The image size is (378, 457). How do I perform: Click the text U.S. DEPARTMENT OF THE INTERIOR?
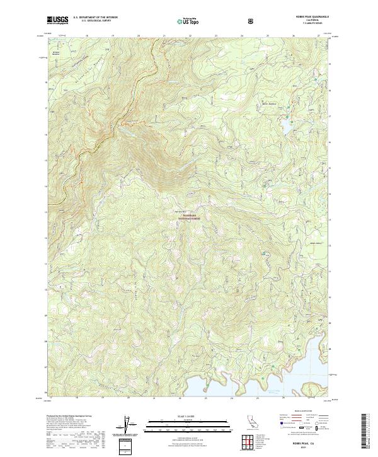tap(94, 18)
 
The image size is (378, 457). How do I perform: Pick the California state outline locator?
tap(249, 424)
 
